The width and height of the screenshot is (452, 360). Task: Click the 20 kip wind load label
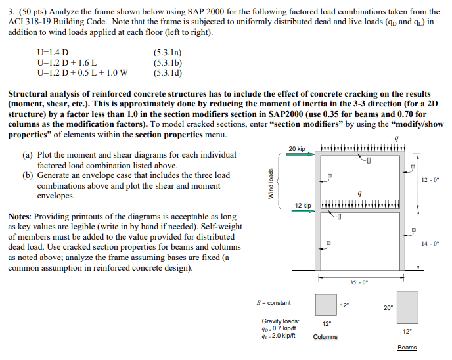(297, 148)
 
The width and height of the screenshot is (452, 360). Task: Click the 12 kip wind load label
(302, 206)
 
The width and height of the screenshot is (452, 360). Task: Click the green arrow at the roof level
(304, 156)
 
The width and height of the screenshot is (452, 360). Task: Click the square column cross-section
(326, 305)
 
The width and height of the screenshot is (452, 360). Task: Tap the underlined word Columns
(326, 337)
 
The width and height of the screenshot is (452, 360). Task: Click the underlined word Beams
(407, 348)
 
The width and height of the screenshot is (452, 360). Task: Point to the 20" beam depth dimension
(388, 307)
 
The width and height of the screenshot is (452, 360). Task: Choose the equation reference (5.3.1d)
(168, 72)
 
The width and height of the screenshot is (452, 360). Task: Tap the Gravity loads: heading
(281, 321)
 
